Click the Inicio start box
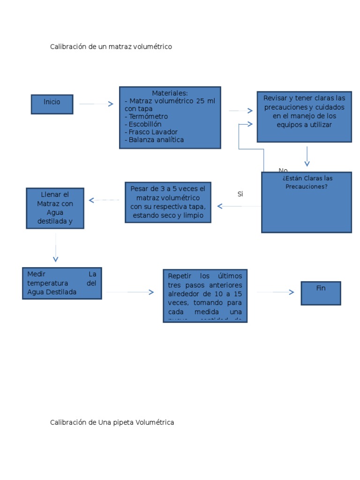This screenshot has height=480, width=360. click(x=52, y=104)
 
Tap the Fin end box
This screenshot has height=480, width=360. click(x=321, y=293)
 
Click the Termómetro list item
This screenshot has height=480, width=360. click(x=146, y=116)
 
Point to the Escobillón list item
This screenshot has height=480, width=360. click(x=143, y=124)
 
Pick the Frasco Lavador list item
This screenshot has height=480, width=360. click(x=151, y=132)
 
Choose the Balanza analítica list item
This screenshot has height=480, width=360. click(x=154, y=140)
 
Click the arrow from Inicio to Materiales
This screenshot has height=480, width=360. click(x=96, y=104)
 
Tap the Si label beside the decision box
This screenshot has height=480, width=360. click(x=240, y=194)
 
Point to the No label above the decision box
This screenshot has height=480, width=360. click(x=283, y=170)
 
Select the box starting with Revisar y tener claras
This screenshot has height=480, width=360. click(x=304, y=116)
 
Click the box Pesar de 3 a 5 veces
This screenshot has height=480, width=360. click(x=168, y=202)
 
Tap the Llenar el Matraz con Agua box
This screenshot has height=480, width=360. click(x=55, y=208)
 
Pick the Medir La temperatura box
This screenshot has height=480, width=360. click(x=62, y=283)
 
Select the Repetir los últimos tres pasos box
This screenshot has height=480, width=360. click(x=205, y=295)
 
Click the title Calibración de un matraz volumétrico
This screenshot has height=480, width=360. click(x=111, y=47)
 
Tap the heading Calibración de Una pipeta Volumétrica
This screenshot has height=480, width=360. click(x=112, y=422)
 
